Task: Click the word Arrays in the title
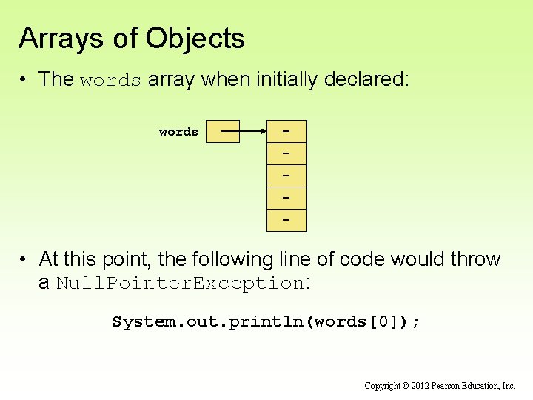(x=61, y=39)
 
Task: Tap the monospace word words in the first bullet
(x=110, y=80)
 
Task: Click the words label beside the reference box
(x=178, y=132)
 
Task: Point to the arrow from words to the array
(x=244, y=132)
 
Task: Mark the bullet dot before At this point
(x=24, y=260)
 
